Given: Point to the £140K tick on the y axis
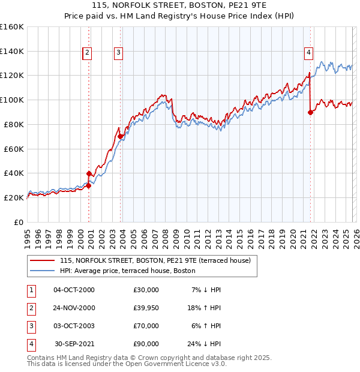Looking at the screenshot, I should click(x=12, y=51).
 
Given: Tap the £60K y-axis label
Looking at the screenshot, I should click(x=13, y=149).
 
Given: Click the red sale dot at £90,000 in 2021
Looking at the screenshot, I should click(x=311, y=112).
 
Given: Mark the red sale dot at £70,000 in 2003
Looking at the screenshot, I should click(x=121, y=136).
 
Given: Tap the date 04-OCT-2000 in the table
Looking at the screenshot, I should click(x=74, y=290).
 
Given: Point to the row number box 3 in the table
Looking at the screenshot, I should click(x=30, y=326).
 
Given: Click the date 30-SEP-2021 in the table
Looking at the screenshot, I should click(x=74, y=344).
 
